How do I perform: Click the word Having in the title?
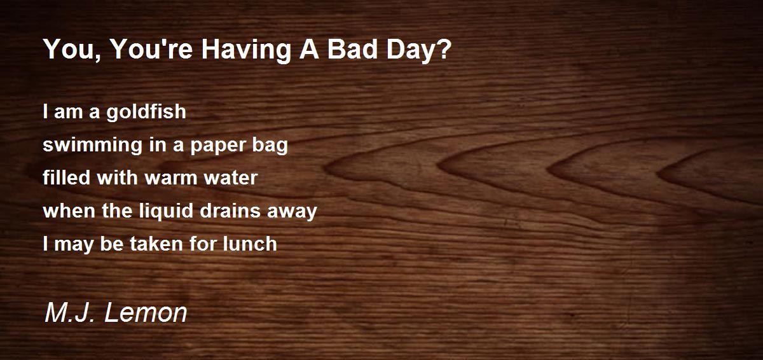tap(246, 50)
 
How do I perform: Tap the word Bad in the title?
tap(352, 49)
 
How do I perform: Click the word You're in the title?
tap(152, 49)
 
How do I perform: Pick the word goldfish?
tap(146, 112)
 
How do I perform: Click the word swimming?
tap(92, 145)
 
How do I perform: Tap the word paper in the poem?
tap(217, 146)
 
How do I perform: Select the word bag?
tap(270, 145)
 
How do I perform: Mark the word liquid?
tap(167, 211)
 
